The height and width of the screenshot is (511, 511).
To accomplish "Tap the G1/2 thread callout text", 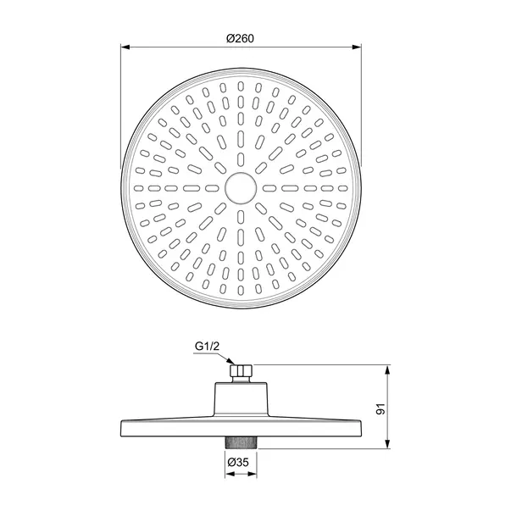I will point(208,345).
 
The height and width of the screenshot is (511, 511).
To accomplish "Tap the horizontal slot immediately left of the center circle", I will point(208,186).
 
